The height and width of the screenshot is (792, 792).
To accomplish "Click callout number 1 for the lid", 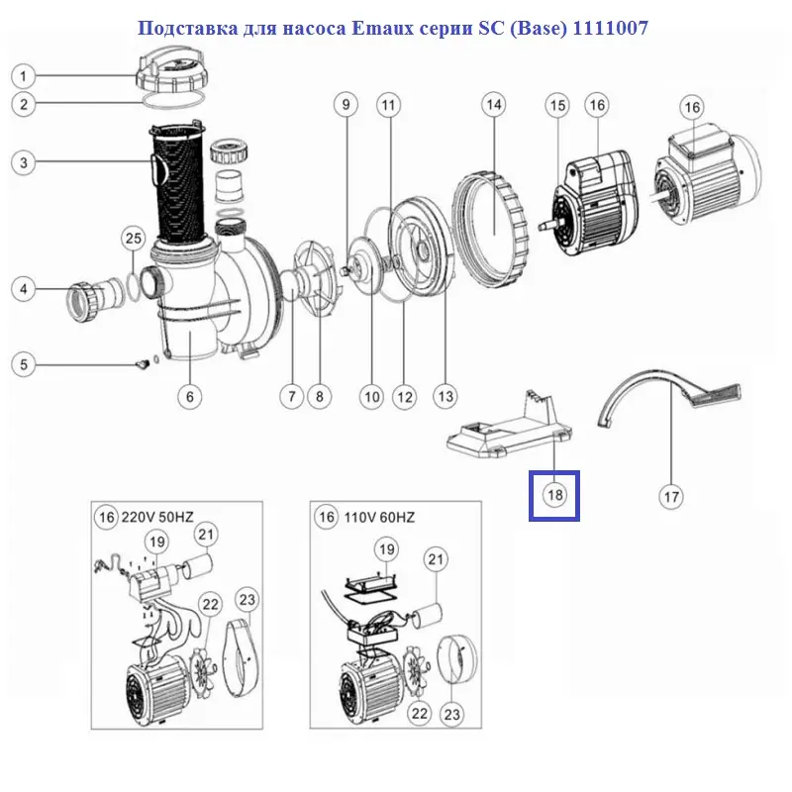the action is tap(23, 77).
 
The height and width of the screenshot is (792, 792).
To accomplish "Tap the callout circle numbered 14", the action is tap(493, 105).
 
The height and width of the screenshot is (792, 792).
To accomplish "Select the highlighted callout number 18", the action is tap(554, 494).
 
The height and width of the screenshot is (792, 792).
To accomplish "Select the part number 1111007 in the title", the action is tap(610, 29).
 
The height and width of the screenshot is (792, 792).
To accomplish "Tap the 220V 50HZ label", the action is tap(157, 517).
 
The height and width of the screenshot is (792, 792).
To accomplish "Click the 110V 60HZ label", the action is tap(379, 517).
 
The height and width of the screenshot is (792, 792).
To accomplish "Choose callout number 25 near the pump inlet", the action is tap(134, 239).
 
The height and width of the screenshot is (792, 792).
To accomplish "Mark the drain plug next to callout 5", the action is tap(142, 364).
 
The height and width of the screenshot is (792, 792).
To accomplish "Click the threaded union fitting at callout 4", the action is tap(95, 297).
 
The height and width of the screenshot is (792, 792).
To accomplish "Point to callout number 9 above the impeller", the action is tap(346, 105).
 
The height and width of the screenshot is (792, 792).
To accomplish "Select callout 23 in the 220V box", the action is tap(247, 600).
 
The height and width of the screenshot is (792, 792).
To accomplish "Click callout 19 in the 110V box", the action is tap(387, 549).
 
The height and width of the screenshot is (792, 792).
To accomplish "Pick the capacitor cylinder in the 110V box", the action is tap(427, 615).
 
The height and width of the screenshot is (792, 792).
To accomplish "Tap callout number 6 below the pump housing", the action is tap(190, 397).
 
